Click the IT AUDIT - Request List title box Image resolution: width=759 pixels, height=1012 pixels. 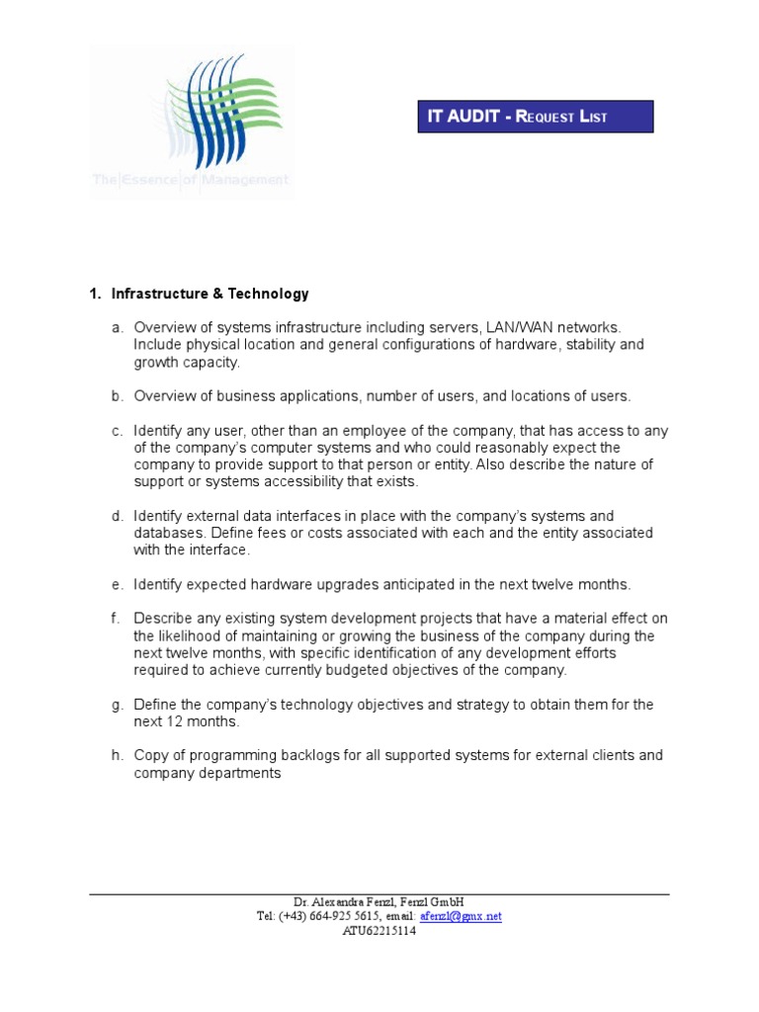(x=535, y=117)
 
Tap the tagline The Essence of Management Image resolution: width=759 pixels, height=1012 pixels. (x=191, y=180)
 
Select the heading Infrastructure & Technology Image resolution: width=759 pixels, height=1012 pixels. (x=210, y=294)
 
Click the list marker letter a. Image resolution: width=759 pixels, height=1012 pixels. (x=117, y=327)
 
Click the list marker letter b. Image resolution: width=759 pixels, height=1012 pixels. (x=117, y=396)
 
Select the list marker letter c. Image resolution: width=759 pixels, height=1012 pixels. (x=117, y=430)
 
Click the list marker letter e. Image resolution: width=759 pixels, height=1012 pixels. (x=117, y=584)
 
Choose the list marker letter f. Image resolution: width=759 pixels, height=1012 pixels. (x=116, y=619)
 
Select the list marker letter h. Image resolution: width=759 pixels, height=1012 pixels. (x=117, y=756)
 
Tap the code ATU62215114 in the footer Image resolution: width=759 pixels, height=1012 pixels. (x=379, y=930)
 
